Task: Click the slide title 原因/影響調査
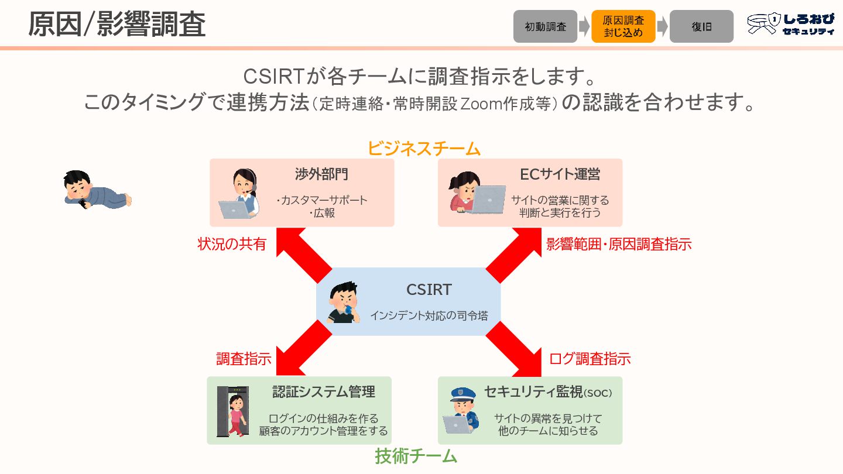tap(117, 25)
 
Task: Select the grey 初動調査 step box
tap(545, 26)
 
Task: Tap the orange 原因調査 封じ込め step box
tap(623, 26)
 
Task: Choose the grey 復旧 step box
tap(701, 26)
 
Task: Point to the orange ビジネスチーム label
tap(424, 149)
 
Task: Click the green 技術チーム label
tap(416, 456)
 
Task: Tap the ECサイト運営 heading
tap(560, 174)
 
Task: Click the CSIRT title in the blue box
tap(429, 290)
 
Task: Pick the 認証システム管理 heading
tap(323, 391)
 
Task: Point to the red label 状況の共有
tap(232, 244)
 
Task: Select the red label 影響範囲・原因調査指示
tap(619, 244)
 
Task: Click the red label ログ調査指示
tap(590, 359)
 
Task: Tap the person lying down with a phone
tap(97, 190)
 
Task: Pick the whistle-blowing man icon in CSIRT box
tap(344, 303)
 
